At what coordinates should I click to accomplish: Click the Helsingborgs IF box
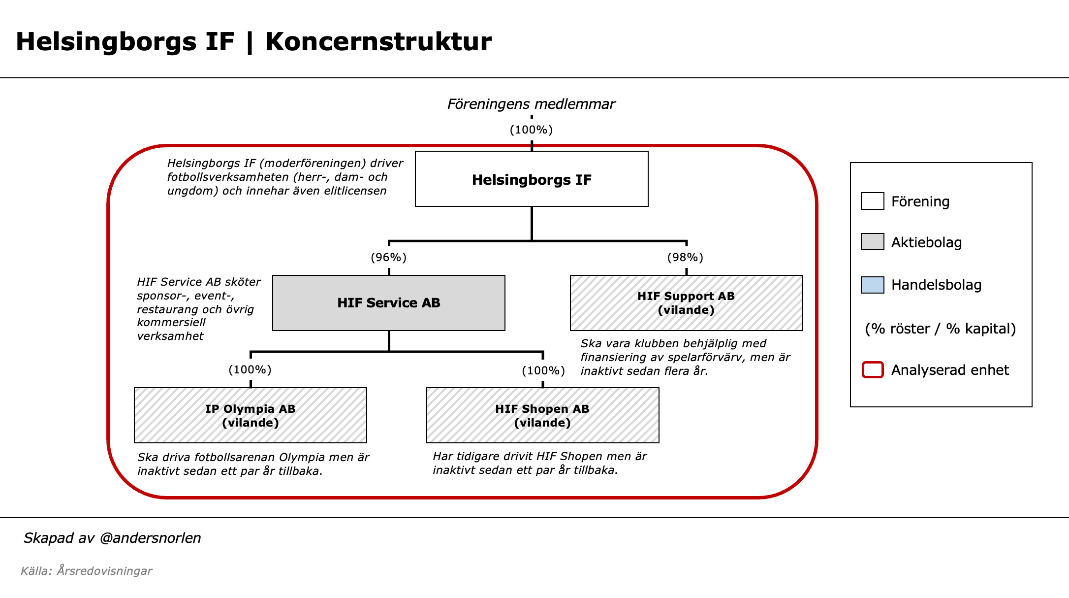532,179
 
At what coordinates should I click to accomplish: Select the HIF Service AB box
388,302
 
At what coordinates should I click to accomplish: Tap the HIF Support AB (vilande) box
686,302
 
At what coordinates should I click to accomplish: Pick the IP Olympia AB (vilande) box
250,415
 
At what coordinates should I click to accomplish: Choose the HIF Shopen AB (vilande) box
542,415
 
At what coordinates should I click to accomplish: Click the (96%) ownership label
388,257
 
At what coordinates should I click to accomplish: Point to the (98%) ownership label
685,257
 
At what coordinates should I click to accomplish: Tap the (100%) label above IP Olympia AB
250,369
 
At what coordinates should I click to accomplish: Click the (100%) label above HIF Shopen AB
543,370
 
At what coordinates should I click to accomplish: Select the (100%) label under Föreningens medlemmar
531,130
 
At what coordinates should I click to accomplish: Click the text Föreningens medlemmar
531,104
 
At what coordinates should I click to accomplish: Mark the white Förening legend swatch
872,201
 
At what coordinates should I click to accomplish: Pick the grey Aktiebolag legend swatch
872,242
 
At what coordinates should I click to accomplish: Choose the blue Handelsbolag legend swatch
872,285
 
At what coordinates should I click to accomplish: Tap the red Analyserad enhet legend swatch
873,370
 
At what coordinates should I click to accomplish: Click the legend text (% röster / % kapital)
940,329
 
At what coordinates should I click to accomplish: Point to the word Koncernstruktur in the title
378,41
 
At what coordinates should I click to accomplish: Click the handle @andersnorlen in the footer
150,538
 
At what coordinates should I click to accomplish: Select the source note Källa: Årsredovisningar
86,571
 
